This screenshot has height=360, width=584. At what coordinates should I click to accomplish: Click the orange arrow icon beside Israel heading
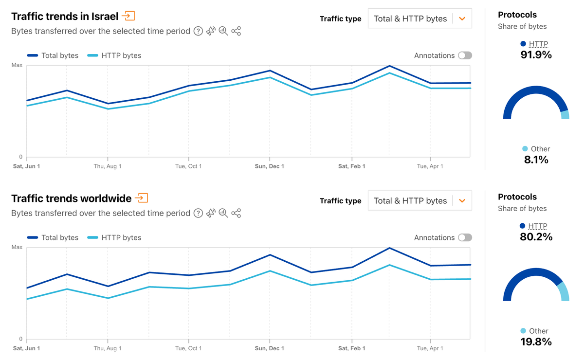128,16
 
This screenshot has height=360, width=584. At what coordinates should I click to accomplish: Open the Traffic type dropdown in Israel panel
420,18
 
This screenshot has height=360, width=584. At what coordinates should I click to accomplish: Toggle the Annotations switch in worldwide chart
465,237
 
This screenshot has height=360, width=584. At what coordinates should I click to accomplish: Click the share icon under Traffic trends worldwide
236,213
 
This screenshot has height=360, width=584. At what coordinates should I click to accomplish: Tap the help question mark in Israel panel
198,31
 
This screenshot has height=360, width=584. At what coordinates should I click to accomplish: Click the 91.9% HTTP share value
536,54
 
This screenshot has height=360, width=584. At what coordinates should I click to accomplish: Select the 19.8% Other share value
536,342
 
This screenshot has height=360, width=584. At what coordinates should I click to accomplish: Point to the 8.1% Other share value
536,160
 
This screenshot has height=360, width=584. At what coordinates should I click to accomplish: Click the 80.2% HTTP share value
536,237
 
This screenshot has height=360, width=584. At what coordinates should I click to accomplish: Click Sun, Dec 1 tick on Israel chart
269,166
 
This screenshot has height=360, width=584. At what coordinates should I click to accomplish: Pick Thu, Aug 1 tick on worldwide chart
108,348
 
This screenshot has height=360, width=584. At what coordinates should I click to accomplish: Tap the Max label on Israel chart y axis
17,65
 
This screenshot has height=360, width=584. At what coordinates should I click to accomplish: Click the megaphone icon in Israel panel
211,31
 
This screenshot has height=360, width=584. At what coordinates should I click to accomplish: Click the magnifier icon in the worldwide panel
223,213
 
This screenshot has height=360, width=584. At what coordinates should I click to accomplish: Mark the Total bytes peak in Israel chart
389,66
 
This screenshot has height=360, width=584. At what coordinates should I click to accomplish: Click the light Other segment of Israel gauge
565,115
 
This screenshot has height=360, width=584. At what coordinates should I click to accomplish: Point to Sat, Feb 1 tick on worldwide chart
351,348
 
